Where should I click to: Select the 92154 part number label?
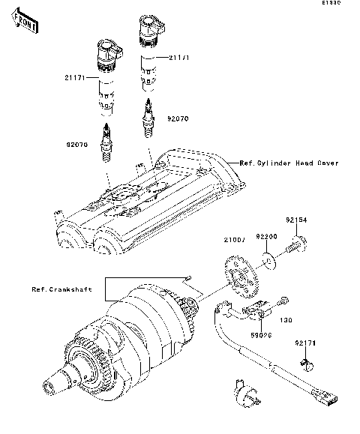pos(295,221)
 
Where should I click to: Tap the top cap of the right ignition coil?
pos(149,30)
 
